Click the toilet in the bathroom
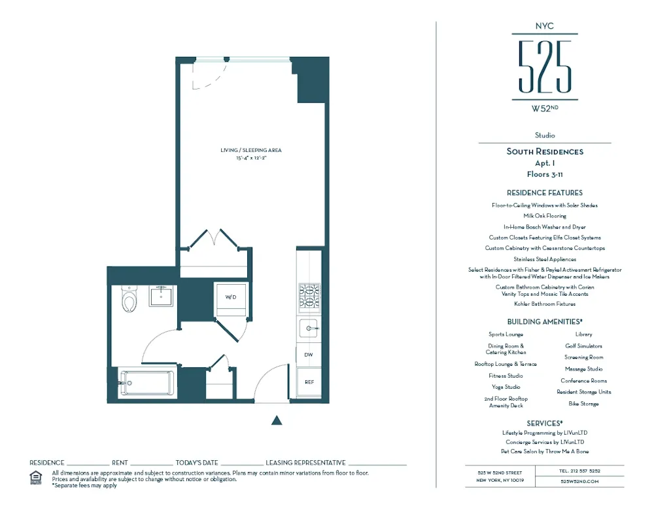(x=129, y=301)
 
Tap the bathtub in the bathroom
(x=147, y=383)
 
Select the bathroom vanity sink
(x=161, y=297)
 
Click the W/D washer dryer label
(x=231, y=297)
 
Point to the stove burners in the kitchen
(x=309, y=296)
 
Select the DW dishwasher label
(x=309, y=355)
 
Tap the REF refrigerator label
(x=309, y=381)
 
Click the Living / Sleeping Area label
(x=251, y=151)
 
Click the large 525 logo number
(x=545, y=66)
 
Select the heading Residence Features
(x=544, y=193)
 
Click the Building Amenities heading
(x=544, y=322)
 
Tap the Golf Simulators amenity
(x=583, y=346)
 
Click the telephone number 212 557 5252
(x=579, y=471)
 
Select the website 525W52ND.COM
(x=579, y=481)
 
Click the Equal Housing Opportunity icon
(x=36, y=477)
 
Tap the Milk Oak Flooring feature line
(x=544, y=216)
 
